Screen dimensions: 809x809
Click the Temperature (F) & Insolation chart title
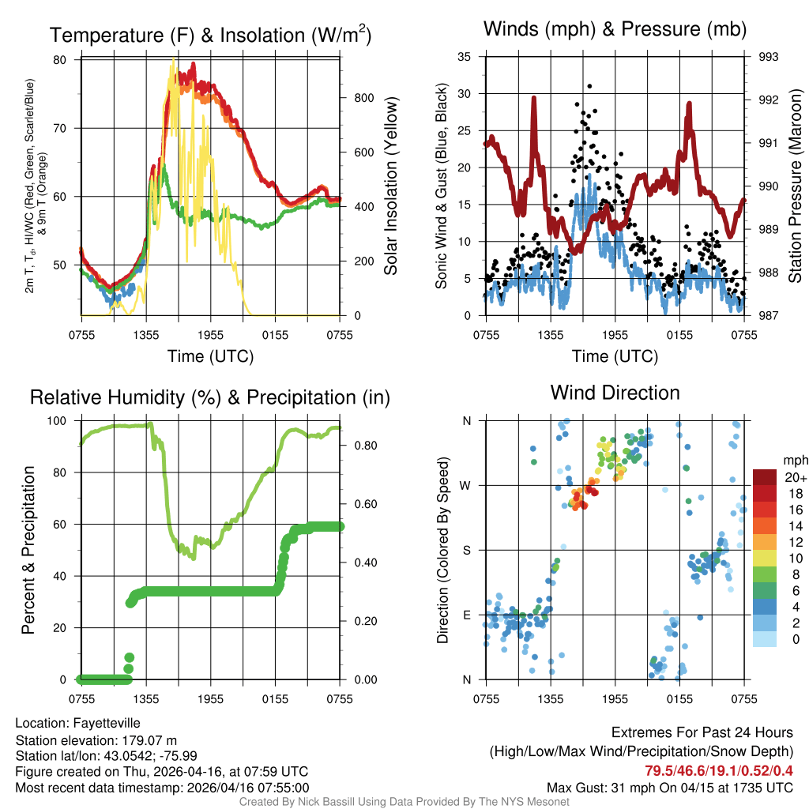tap(210, 35)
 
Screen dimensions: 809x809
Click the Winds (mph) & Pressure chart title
tap(615, 29)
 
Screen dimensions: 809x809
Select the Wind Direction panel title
tap(615, 393)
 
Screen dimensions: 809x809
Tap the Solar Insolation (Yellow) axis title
tap(390, 186)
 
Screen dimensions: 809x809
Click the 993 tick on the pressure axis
tap(767, 57)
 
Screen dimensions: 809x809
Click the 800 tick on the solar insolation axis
tap(363, 98)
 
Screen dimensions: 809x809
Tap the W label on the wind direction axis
tap(466, 485)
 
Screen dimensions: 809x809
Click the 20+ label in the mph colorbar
tap(796, 478)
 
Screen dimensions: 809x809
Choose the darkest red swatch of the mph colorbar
tap(765, 477)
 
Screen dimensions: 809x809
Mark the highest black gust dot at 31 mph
tap(589, 86)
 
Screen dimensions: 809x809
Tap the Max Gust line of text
tap(670, 788)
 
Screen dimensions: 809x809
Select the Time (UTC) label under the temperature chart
tap(210, 356)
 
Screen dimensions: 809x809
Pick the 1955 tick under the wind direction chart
tap(615, 698)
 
